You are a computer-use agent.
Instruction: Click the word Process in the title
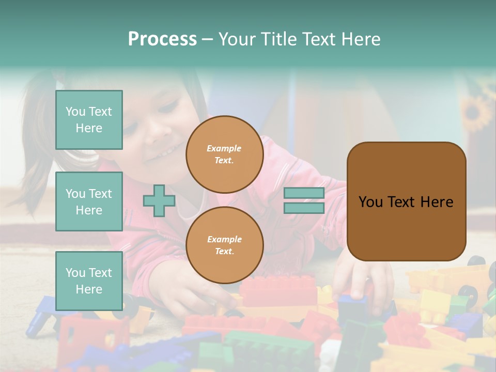click(x=162, y=39)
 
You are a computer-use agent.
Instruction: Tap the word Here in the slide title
click(x=359, y=39)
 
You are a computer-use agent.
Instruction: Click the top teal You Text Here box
click(x=89, y=120)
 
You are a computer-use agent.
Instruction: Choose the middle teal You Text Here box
click(x=89, y=202)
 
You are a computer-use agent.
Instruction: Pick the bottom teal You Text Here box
click(x=89, y=281)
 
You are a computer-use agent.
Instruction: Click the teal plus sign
click(x=159, y=200)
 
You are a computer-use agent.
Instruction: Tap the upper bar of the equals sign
click(x=304, y=193)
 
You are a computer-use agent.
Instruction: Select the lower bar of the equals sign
click(x=304, y=208)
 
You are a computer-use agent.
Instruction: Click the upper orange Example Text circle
click(x=224, y=154)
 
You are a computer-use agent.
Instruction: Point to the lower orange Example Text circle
click(x=224, y=245)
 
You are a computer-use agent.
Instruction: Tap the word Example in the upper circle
click(x=224, y=148)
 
